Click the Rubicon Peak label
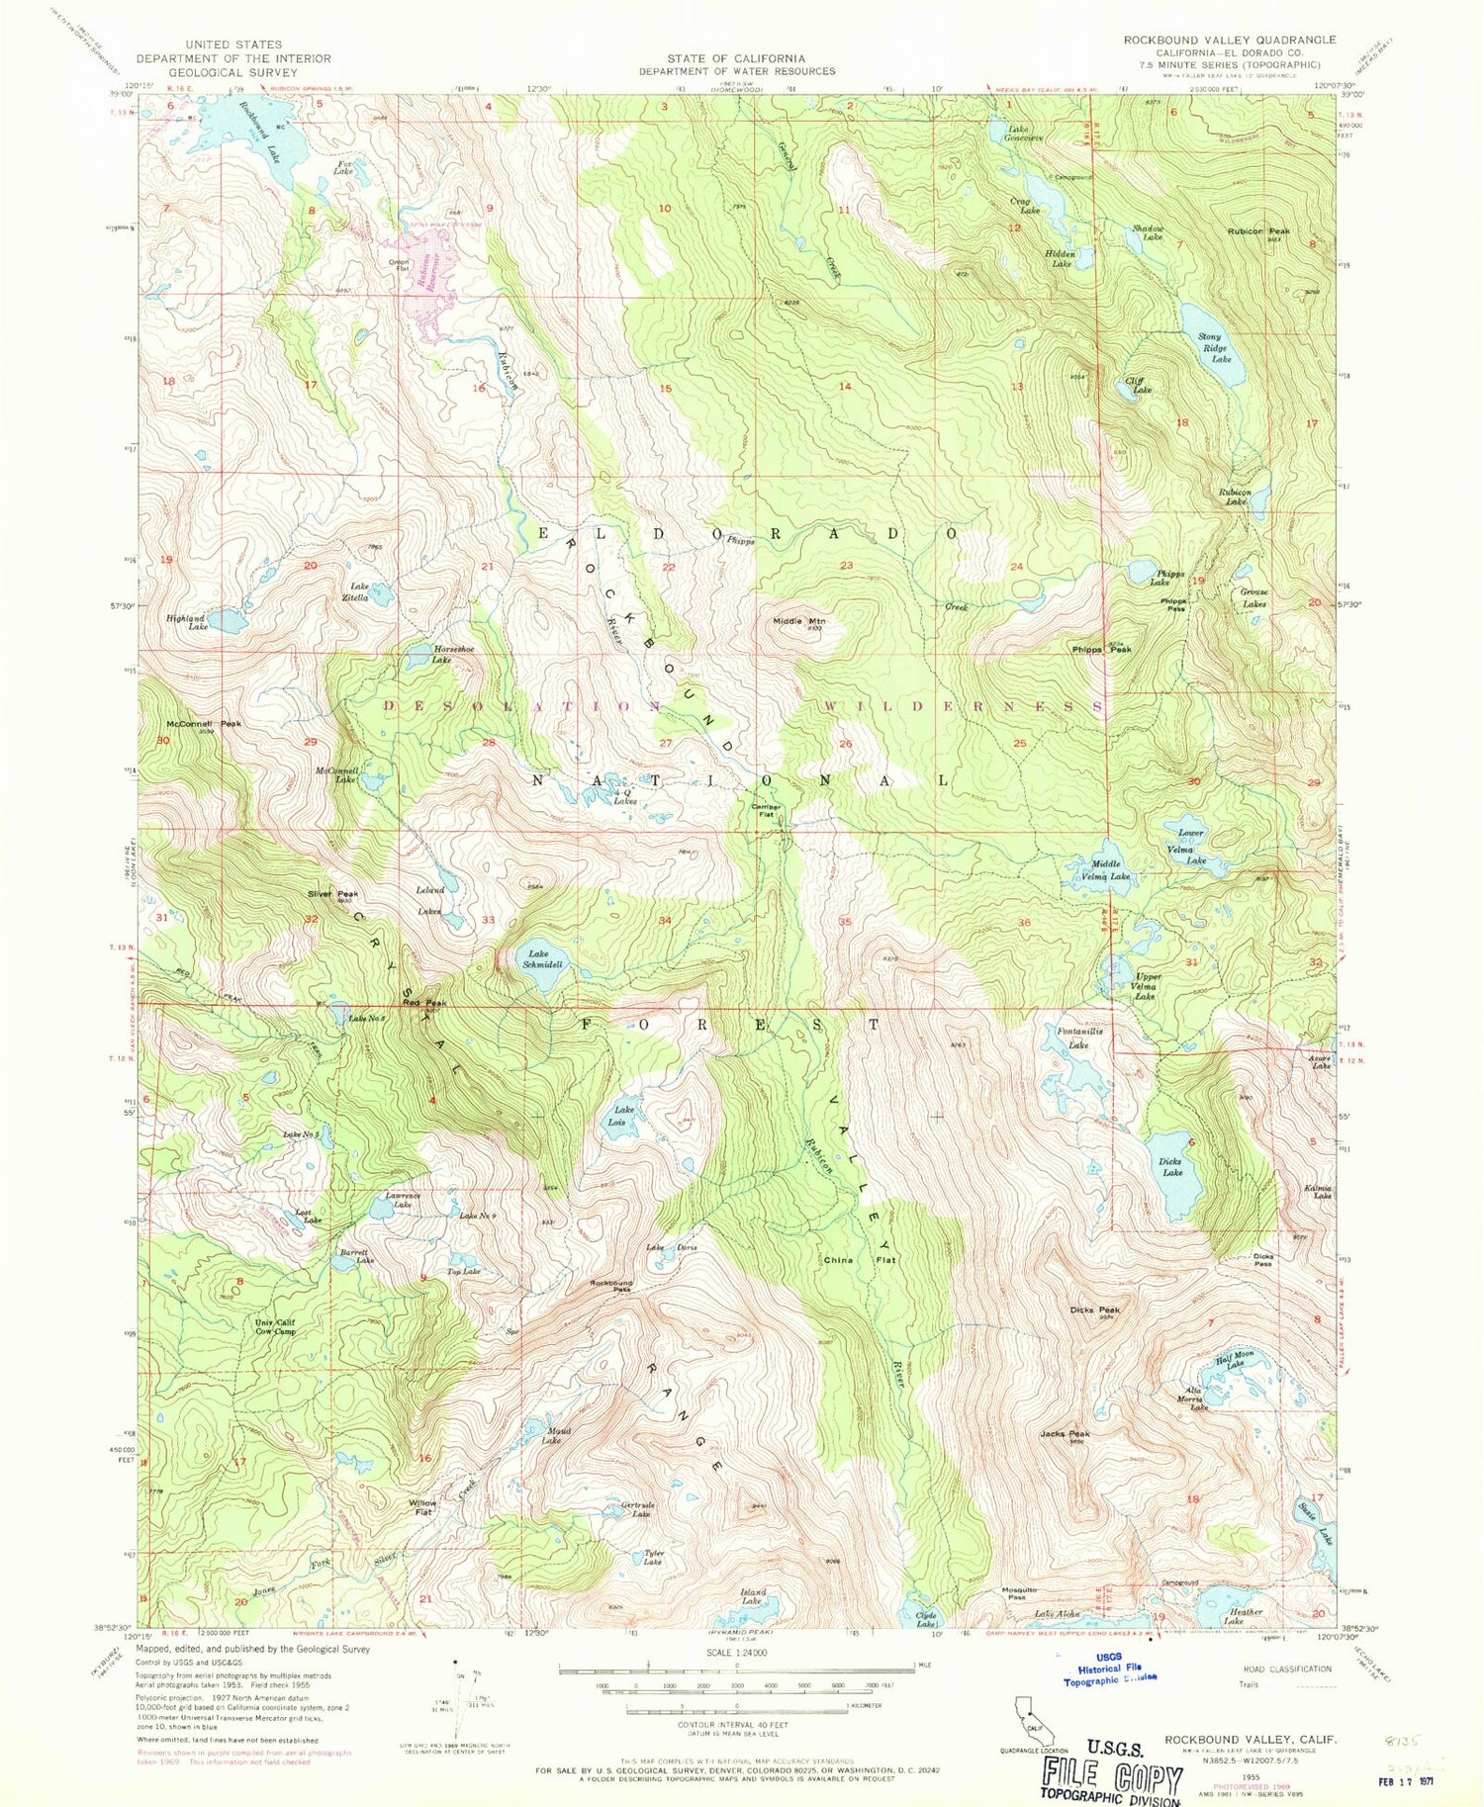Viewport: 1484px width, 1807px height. (1258, 231)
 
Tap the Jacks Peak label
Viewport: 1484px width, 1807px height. (1065, 1434)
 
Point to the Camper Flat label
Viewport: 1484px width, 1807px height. (766, 810)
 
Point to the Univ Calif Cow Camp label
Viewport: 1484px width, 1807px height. (275, 1327)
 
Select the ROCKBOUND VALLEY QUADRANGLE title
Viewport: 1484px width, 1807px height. (1229, 40)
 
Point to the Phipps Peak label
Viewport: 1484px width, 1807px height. (1101, 650)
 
